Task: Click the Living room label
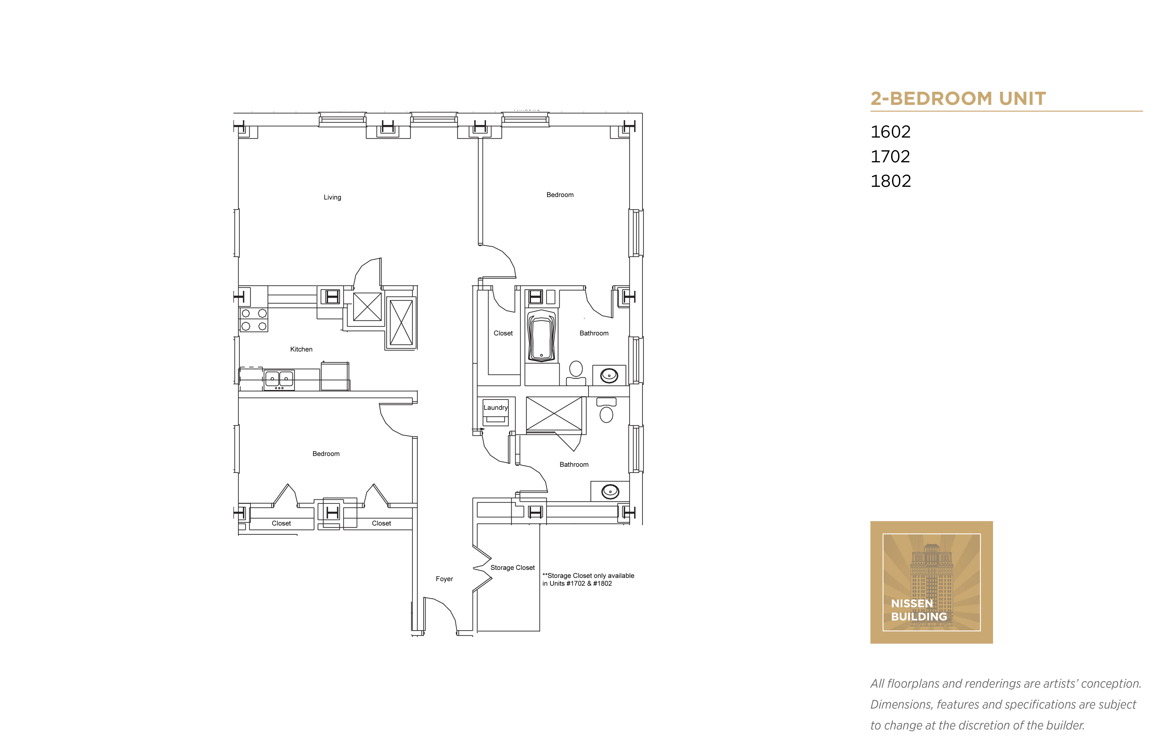pos(332,198)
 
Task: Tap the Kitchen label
pos(301,349)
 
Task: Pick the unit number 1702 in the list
pos(890,157)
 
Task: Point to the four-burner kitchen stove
pos(254,319)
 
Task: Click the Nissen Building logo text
pos(919,610)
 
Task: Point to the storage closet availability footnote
pos(588,579)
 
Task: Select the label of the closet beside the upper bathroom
pos(503,333)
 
